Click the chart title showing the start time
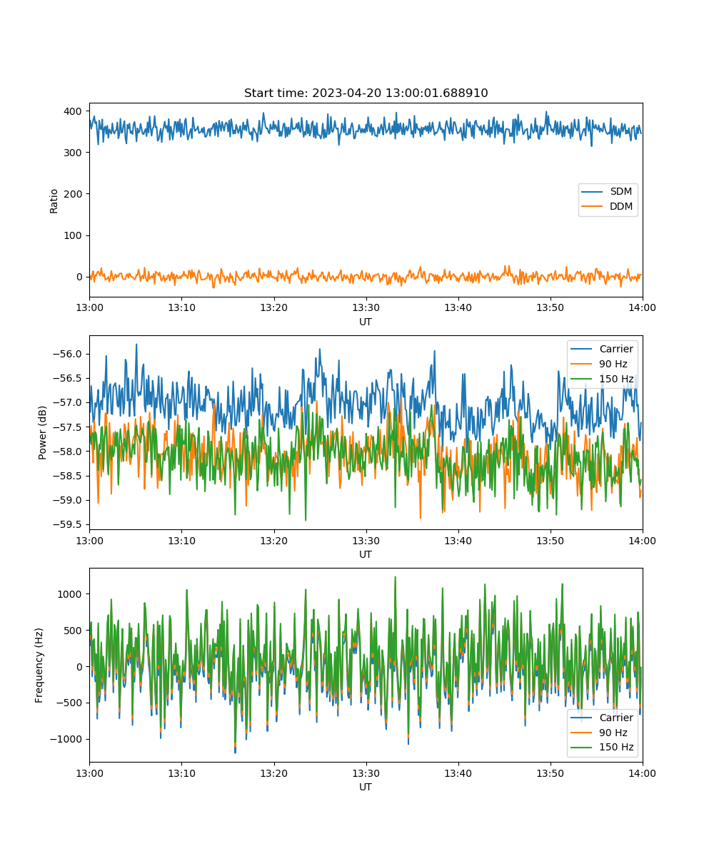366,93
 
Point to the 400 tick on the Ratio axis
73,111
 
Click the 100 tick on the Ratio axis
73,235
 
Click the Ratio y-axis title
54,201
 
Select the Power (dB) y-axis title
42,432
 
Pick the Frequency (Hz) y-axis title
39,666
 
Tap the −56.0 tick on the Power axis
67,354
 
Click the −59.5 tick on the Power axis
67,524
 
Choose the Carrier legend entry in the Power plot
602,349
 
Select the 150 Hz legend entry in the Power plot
602,379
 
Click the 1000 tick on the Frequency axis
69,594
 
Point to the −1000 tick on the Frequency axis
66,739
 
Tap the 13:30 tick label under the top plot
366,307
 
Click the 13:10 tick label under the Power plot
182,541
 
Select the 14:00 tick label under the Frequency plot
642,773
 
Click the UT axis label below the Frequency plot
365,787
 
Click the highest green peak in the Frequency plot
395,577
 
